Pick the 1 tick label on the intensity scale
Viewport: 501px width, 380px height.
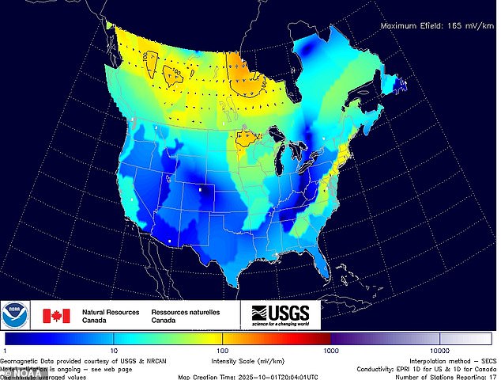coord(5,349)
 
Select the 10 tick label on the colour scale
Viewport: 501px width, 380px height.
coord(114,349)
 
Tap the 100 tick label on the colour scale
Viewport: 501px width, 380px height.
coord(223,349)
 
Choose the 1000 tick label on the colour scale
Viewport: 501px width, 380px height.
coord(331,349)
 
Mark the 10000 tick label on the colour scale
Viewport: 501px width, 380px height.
coord(439,349)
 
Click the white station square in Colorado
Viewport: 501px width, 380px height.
coord(201,190)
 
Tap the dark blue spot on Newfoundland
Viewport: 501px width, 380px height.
coord(401,83)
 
